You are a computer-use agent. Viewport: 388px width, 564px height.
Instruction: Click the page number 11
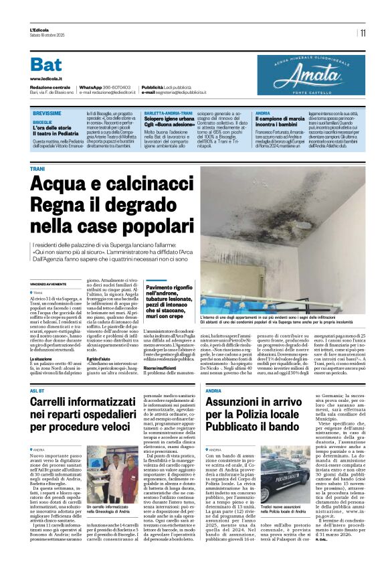[x=363, y=32]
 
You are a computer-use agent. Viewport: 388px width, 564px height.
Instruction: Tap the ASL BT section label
[x=38, y=390]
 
